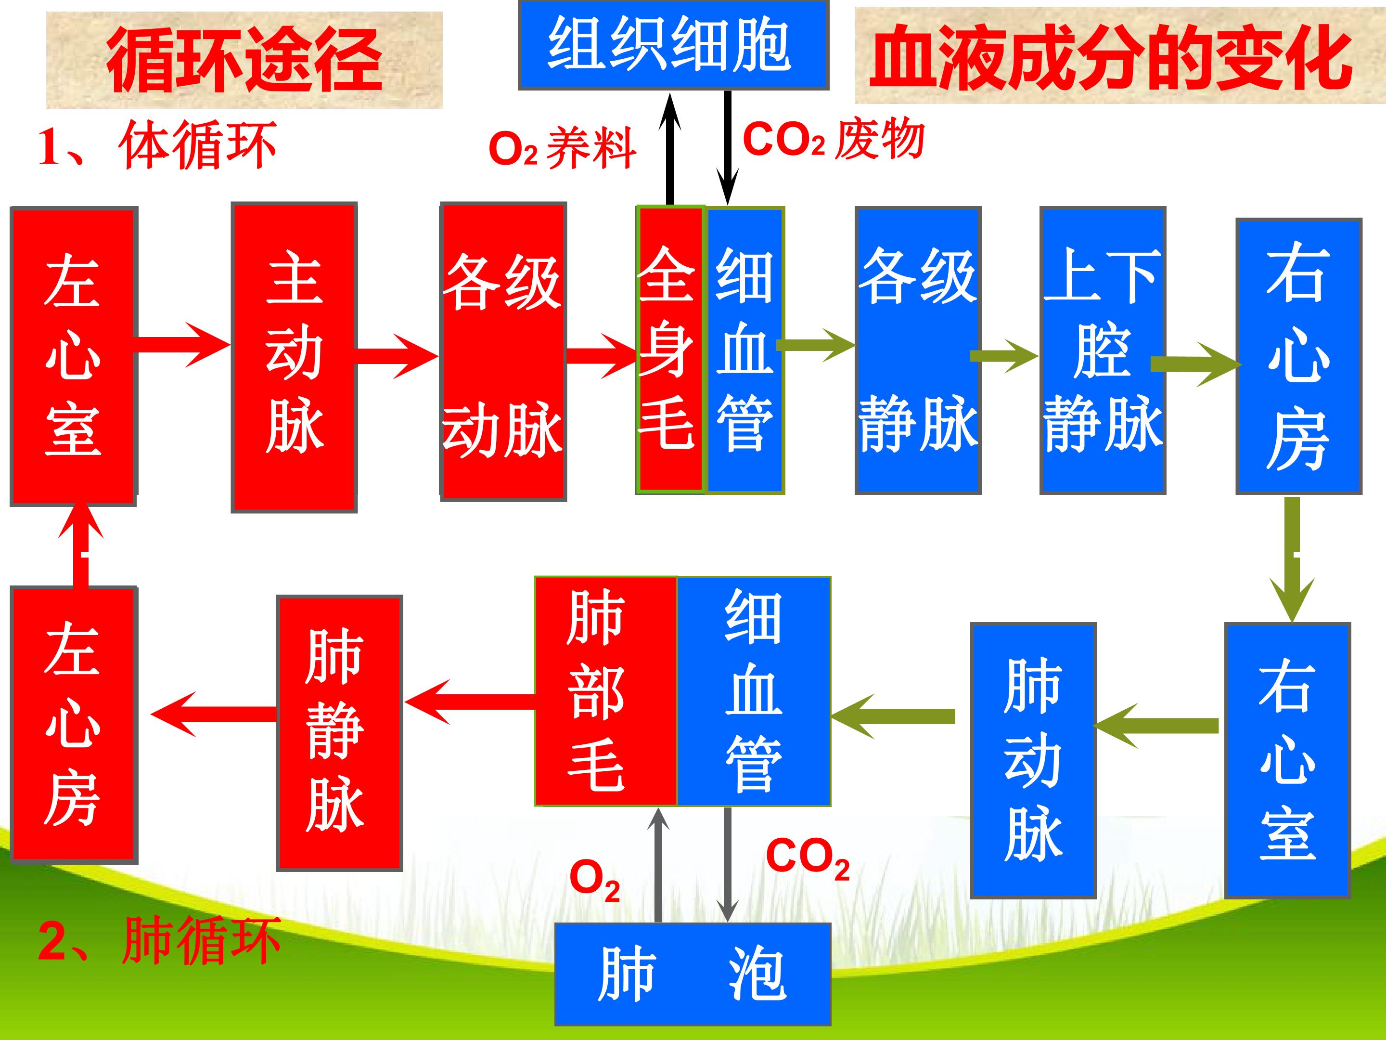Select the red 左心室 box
(73, 355)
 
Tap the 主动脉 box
(294, 357)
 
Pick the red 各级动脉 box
(503, 351)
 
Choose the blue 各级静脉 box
(918, 351)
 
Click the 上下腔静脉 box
(1103, 351)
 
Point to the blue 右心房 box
(1298, 356)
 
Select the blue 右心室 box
(1288, 760)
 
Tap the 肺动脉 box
(1033, 760)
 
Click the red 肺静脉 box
(339, 733)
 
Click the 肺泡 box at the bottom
(693, 974)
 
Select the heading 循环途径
(244, 60)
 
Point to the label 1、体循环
(156, 146)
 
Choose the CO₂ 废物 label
(834, 140)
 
